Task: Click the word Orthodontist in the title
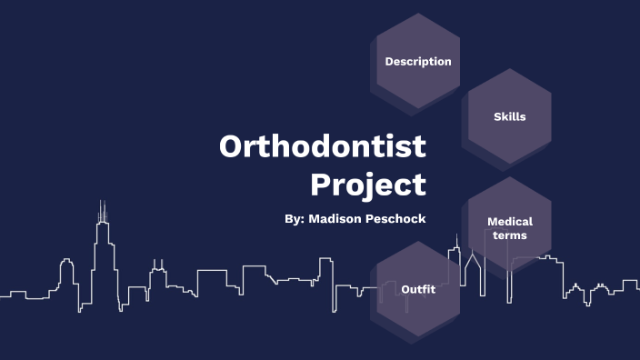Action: click(x=323, y=147)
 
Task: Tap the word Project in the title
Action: click(x=368, y=185)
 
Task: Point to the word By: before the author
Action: click(x=295, y=219)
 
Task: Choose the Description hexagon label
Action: click(x=418, y=62)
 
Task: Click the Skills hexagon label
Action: click(x=509, y=116)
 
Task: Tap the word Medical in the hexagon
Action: click(x=510, y=221)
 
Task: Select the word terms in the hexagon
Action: click(x=510, y=235)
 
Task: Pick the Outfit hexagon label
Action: click(x=418, y=289)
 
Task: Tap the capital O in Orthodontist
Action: click(x=232, y=147)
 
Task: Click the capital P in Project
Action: click(x=321, y=184)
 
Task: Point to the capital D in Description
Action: click(x=389, y=62)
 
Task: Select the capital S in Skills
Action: click(x=497, y=116)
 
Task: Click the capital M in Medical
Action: click(x=492, y=221)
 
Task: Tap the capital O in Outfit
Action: click(x=405, y=289)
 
